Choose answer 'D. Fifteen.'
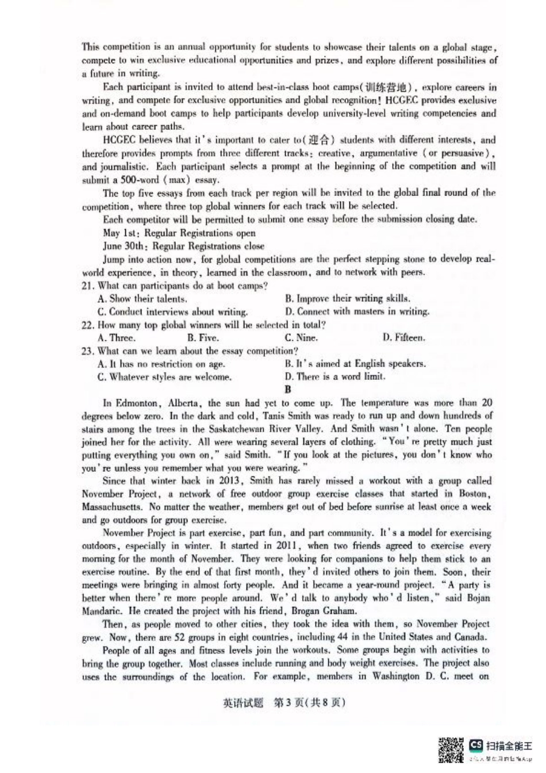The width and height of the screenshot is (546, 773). click(x=403, y=338)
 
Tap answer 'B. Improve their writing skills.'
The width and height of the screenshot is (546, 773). click(x=347, y=298)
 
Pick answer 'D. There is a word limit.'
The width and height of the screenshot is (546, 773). click(x=334, y=377)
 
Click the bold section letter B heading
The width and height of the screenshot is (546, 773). click(x=288, y=389)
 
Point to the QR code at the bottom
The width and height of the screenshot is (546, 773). click(x=451, y=750)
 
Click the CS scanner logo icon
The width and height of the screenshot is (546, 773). click(x=476, y=745)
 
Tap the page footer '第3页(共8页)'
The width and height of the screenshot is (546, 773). click(x=284, y=702)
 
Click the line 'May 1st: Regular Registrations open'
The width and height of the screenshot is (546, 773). click(x=179, y=233)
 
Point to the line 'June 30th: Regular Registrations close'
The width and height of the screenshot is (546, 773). click(x=184, y=246)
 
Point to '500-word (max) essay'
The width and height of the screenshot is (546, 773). click(x=154, y=180)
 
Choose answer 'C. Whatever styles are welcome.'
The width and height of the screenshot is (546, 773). click(x=164, y=377)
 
